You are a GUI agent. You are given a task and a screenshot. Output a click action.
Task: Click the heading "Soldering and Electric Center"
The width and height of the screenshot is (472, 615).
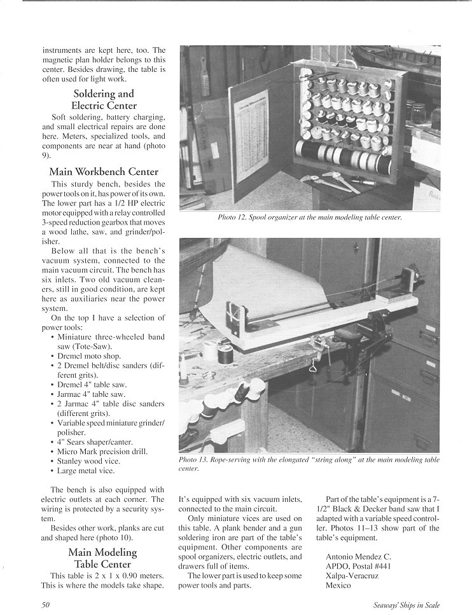103,99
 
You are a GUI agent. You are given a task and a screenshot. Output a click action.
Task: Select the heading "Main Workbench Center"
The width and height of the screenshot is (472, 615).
103,171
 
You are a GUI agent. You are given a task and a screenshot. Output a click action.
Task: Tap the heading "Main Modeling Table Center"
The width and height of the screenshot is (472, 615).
103,558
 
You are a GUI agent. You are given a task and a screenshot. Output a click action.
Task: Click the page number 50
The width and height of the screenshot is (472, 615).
46,605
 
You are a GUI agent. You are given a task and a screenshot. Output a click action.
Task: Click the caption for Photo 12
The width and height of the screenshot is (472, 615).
309,218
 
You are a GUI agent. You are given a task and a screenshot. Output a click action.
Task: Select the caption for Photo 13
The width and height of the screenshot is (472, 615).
309,464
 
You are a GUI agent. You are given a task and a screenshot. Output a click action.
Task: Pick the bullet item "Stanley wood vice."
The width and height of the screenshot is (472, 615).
88,460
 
